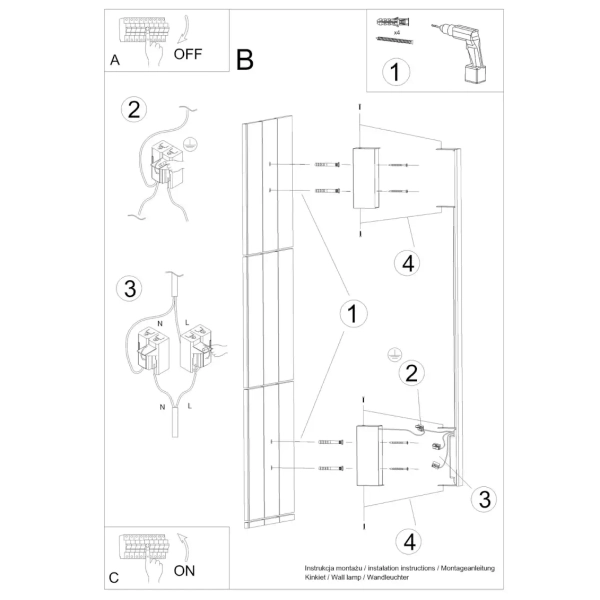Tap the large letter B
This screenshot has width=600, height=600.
pyautogui.click(x=246, y=60)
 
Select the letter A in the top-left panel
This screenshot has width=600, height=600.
pyautogui.click(x=115, y=61)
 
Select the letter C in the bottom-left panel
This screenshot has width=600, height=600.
pyautogui.click(x=114, y=577)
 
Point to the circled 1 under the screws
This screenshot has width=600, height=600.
pyautogui.click(x=397, y=72)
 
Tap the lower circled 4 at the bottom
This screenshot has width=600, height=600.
pyautogui.click(x=404, y=541)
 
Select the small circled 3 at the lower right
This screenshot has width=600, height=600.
pyautogui.click(x=482, y=499)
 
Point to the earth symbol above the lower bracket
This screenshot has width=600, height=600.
pyautogui.click(x=393, y=355)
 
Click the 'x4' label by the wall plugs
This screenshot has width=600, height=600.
pyautogui.click(x=397, y=32)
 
